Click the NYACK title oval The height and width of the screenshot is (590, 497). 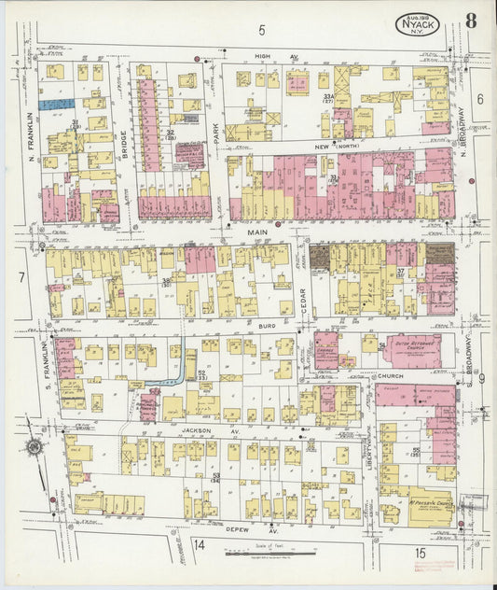[x=420, y=25]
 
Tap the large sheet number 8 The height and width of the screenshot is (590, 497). [x=471, y=21]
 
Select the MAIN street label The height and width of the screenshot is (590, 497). [x=256, y=232]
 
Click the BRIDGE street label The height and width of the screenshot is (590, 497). [x=124, y=145]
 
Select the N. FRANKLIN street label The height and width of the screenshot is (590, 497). [x=30, y=131]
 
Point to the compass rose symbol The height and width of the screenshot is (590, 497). [x=34, y=448]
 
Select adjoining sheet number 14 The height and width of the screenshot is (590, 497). [x=200, y=544]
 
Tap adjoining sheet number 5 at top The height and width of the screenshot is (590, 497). [x=262, y=30]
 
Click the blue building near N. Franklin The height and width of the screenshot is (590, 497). [x=57, y=105]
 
